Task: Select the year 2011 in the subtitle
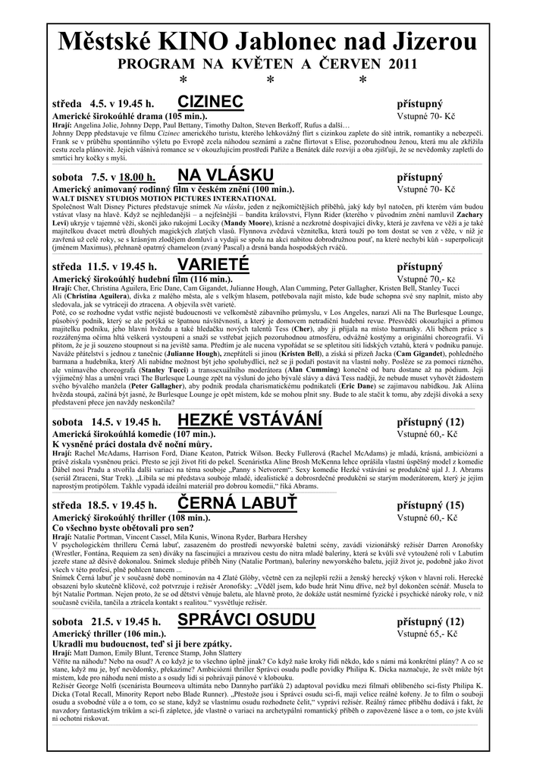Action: coord(402,64)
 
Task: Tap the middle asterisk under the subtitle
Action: coord(271,80)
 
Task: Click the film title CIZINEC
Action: coord(210,102)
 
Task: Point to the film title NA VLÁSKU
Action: coord(220,177)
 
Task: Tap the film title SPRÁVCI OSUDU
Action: coord(246,620)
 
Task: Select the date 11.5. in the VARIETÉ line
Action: coord(99,266)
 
